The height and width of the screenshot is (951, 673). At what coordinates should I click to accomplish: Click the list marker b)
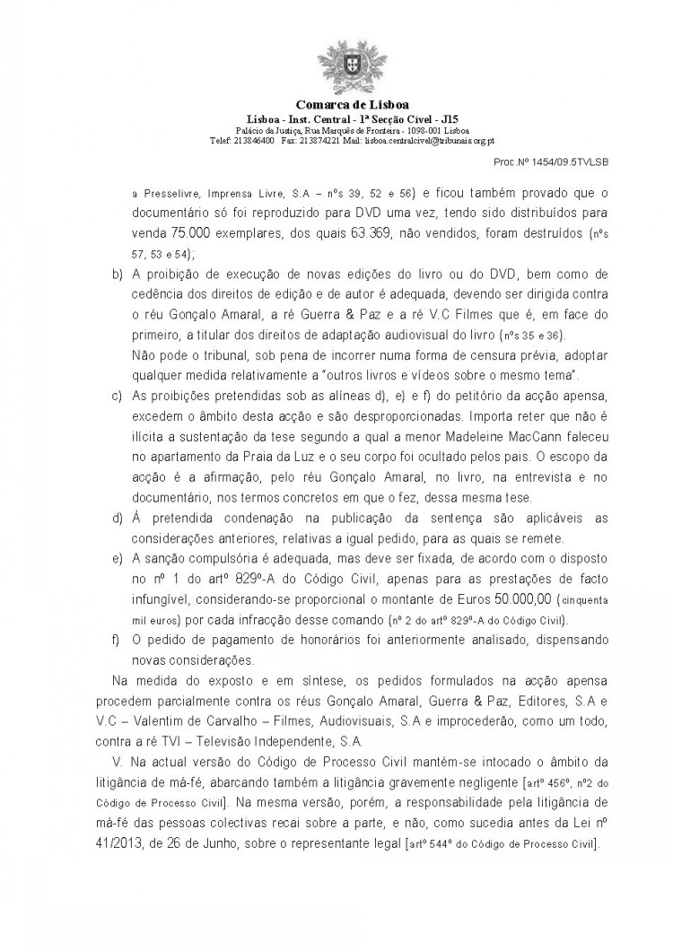[x=118, y=274]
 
